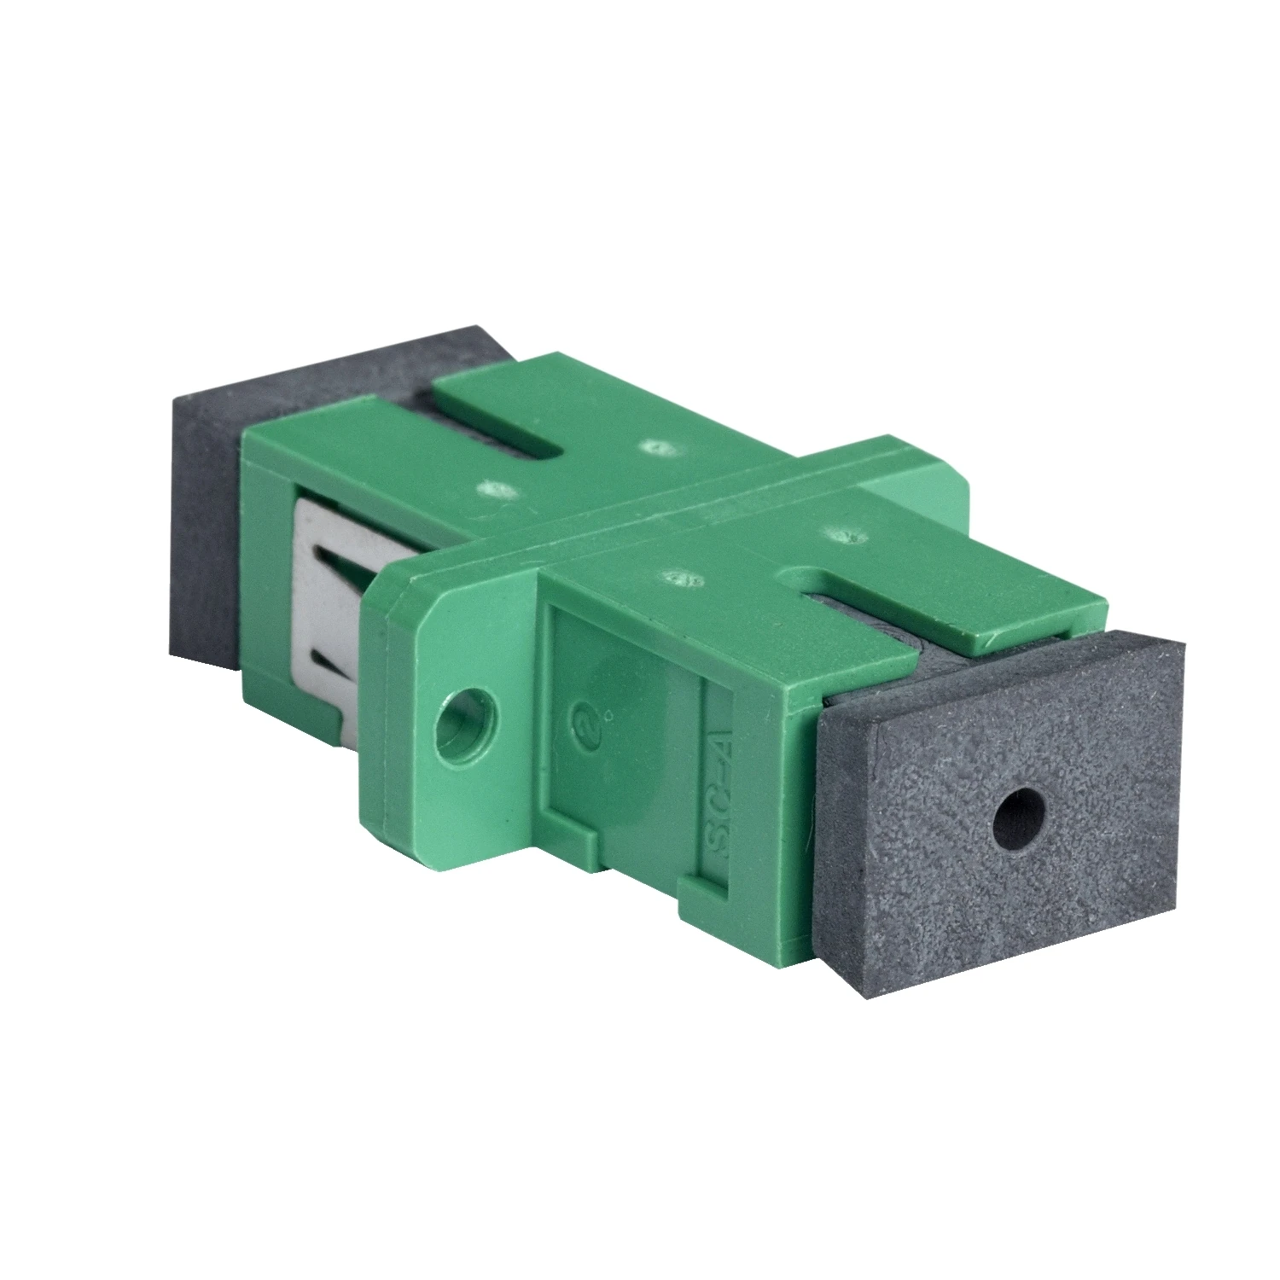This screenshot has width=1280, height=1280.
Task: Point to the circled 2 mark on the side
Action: [585, 721]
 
